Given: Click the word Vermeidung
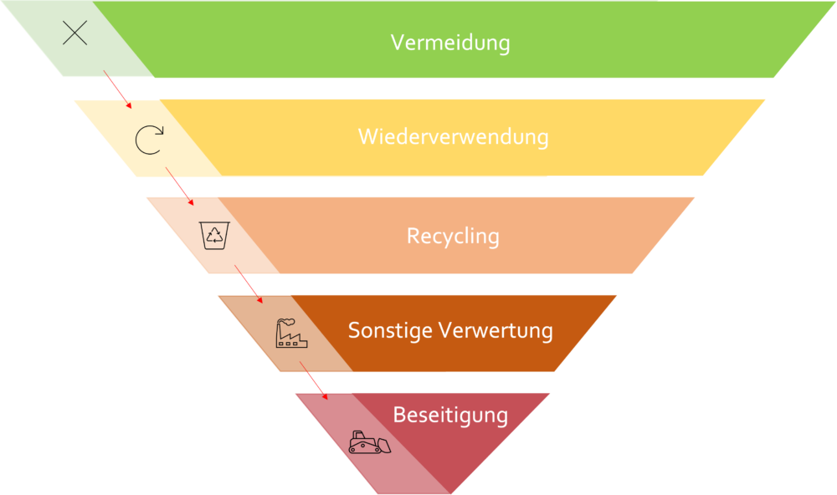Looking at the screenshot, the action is (x=450, y=43).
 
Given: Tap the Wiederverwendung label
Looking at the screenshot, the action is (x=453, y=136).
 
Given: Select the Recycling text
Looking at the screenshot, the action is (x=453, y=236).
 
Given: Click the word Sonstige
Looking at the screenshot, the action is (x=390, y=331).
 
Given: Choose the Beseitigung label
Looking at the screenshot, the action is (x=450, y=415).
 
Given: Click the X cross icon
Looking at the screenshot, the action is (x=74, y=33).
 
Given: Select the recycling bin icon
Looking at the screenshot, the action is (x=214, y=235).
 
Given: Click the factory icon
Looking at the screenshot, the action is (x=291, y=334).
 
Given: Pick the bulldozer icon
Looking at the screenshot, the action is (x=369, y=442).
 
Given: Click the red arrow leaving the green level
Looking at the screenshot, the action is (x=117, y=89).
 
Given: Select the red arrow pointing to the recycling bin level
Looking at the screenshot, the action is (x=179, y=186).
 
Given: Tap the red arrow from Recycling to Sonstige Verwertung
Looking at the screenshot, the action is (x=249, y=284).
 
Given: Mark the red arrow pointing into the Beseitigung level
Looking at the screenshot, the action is (x=314, y=380).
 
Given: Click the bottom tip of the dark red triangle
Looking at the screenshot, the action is (x=450, y=493).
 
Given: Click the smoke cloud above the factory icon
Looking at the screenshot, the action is (x=286, y=322).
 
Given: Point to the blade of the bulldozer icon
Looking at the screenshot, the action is (x=384, y=446).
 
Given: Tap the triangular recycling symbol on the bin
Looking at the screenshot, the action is (x=214, y=235).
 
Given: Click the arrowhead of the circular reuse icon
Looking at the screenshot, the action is (x=158, y=130).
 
